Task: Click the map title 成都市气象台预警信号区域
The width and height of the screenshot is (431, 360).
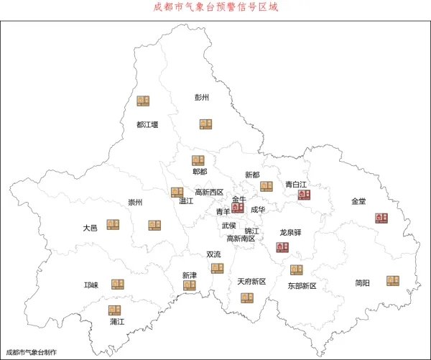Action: [215, 7]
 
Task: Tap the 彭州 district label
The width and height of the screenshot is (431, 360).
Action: [202, 97]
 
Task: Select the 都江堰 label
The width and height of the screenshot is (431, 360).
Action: [147, 124]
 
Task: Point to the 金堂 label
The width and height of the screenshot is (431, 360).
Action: [359, 201]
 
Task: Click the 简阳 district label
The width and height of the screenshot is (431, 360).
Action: [363, 283]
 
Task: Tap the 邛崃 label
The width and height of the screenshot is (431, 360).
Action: [91, 285]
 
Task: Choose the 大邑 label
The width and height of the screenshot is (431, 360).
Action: [90, 228]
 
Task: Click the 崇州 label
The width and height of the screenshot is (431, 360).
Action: [135, 203]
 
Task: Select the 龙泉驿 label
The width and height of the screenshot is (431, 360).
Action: [290, 233]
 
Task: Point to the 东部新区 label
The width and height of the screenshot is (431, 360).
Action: [302, 286]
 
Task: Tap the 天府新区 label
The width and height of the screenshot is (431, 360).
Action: [251, 282]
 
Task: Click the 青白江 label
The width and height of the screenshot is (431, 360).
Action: [296, 184]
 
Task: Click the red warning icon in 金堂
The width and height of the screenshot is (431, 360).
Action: [381, 218]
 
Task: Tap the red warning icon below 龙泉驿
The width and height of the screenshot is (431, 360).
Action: [282, 247]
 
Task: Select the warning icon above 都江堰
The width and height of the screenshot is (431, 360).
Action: [144, 101]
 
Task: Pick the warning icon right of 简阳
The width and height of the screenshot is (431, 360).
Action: [393, 280]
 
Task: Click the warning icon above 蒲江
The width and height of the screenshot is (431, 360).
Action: [114, 310]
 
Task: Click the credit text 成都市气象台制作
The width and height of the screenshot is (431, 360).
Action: [31, 352]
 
